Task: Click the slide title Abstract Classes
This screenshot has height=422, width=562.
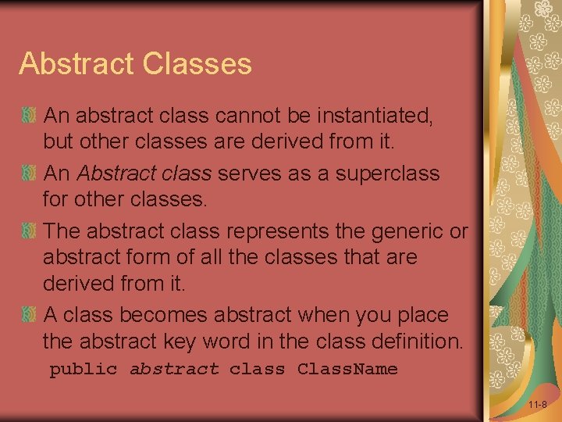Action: click(x=135, y=63)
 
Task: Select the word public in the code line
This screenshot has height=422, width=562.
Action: click(x=83, y=369)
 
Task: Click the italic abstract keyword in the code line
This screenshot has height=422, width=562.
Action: click(x=174, y=369)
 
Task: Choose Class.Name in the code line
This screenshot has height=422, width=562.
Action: click(x=347, y=369)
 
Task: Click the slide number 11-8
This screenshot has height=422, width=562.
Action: click(x=537, y=405)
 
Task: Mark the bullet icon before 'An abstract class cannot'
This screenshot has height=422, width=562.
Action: click(x=29, y=116)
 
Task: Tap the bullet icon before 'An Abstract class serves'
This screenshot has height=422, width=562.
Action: click(x=29, y=173)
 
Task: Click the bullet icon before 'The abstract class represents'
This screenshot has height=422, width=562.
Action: click(x=29, y=231)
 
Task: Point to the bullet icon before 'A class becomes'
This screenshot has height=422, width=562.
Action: click(x=29, y=315)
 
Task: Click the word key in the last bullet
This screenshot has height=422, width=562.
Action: click(x=197, y=342)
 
